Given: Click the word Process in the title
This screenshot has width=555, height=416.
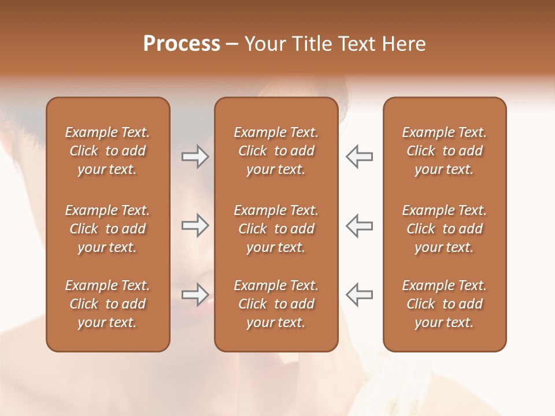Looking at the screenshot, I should coord(182,44).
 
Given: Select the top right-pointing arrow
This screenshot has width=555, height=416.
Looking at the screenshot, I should coord(195,156).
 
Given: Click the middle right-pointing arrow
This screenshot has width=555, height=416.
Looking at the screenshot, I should coord(195,225).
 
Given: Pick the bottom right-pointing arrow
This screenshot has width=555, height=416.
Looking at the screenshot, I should coord(195,295).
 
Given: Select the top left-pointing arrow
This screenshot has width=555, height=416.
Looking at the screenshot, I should coord(359,156).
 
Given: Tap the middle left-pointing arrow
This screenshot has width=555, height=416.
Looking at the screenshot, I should coord(359,225).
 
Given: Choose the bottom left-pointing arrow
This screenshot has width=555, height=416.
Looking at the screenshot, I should coord(359,295).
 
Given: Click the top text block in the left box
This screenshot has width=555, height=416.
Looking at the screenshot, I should coord(108,151).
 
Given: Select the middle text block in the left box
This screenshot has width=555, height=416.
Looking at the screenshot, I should coord(108,229).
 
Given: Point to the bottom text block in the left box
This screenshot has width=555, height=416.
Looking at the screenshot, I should coord(108,304).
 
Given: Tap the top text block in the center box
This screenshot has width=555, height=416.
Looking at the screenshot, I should coord(276,151).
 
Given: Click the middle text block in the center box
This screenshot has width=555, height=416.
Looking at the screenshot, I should coord(276,229).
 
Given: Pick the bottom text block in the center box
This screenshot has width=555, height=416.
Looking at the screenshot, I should coord(276,304).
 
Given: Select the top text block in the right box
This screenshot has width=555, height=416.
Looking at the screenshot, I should coord(444,151).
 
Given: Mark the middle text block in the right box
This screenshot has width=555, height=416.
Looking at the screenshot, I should coord(444,229).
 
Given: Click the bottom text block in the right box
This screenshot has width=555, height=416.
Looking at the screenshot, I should coord(444,304).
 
